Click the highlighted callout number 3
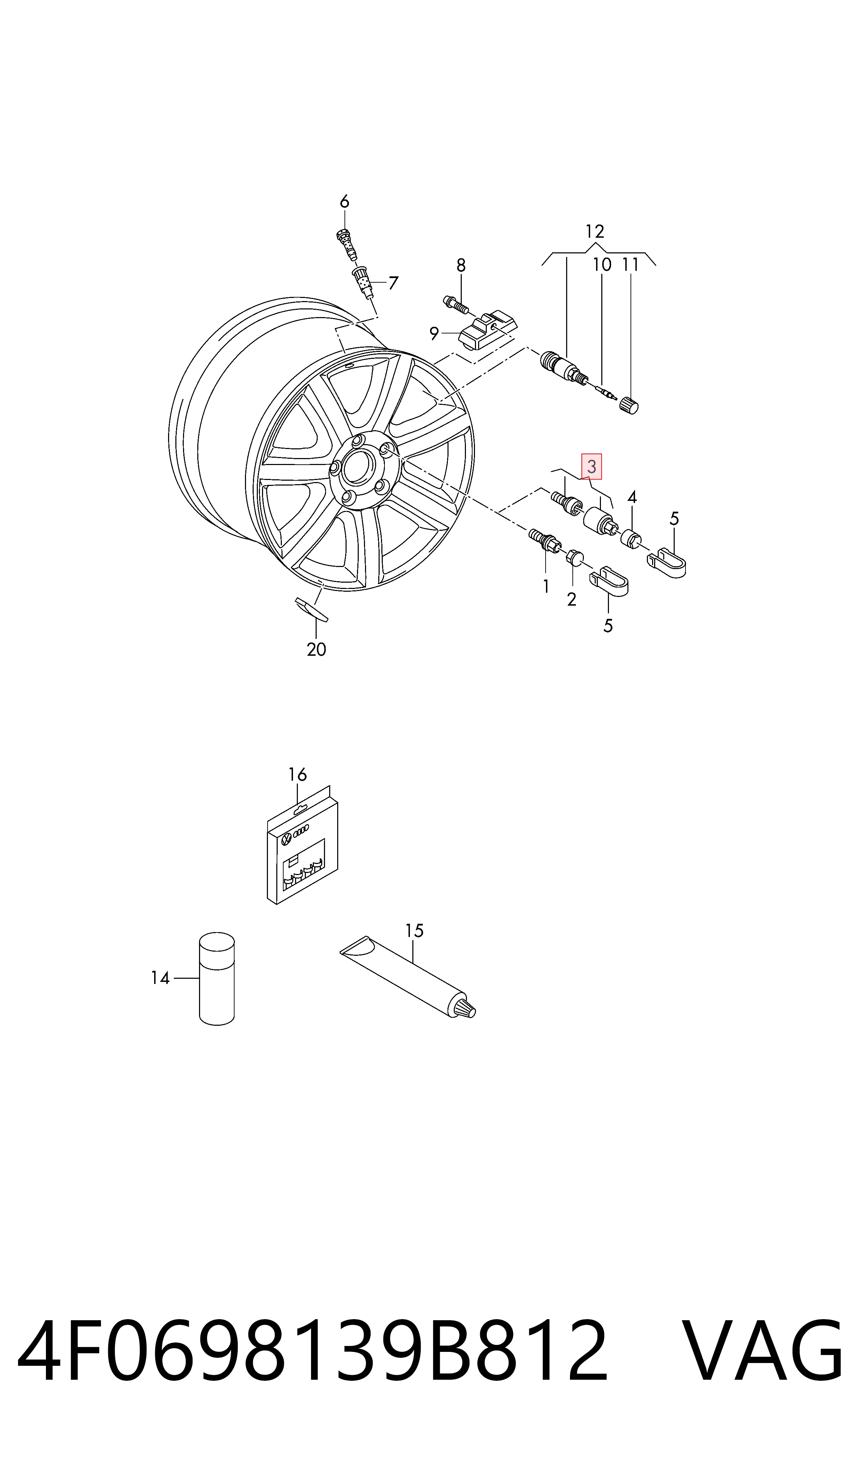(592, 466)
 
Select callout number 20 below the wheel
(316, 649)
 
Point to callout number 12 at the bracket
(594, 232)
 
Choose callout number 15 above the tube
(414, 931)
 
